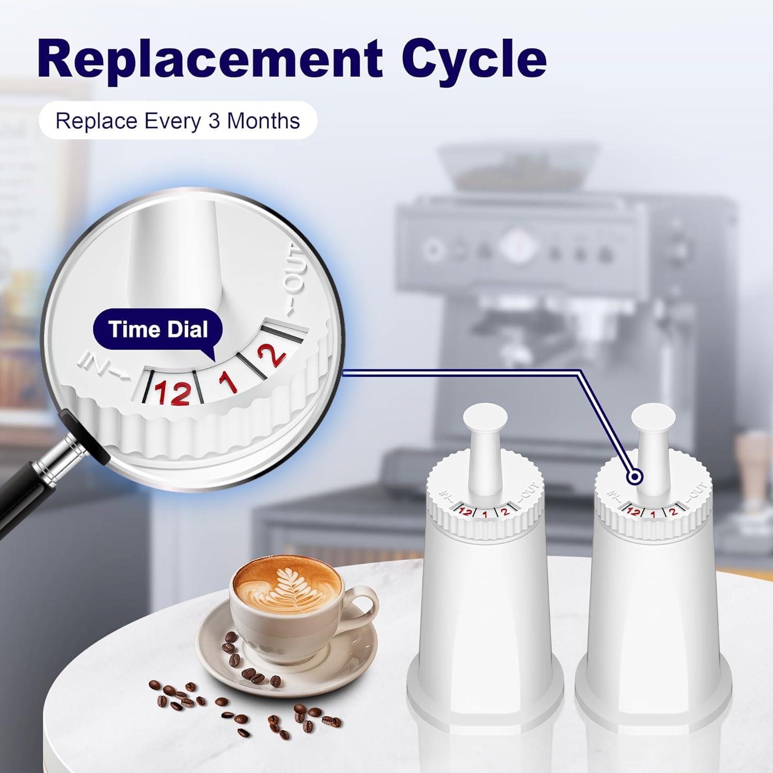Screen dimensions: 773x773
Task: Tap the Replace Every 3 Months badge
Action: point(177,121)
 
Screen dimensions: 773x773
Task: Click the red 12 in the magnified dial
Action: point(173,393)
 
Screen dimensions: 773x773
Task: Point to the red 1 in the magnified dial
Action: point(227,382)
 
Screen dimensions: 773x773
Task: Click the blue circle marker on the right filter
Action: point(635,477)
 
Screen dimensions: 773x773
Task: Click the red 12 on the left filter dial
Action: point(465,512)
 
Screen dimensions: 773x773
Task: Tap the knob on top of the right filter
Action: point(653,417)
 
